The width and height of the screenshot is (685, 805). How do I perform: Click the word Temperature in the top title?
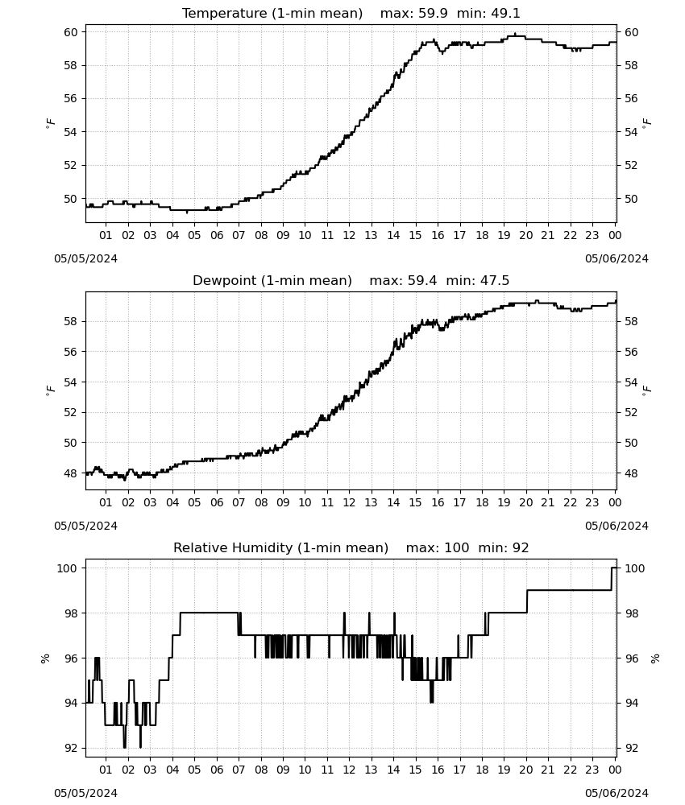point(224,14)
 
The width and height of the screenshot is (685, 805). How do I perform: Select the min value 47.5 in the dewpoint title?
point(495,280)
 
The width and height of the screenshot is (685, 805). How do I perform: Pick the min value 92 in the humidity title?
point(521,547)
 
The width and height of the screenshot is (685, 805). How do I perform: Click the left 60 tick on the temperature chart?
point(70,32)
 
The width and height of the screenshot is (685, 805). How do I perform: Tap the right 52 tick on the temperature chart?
point(631,165)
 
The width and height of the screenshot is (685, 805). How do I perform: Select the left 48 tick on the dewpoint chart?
point(70,473)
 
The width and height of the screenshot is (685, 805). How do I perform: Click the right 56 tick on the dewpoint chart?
point(631,352)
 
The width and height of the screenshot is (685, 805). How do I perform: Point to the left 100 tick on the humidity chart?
point(68,568)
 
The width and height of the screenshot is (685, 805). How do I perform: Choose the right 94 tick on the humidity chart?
point(631,703)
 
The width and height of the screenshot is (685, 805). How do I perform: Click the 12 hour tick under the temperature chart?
point(349,235)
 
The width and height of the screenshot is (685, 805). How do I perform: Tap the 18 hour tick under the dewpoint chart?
point(482,502)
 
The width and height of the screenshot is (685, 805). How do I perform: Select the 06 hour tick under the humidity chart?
point(217,770)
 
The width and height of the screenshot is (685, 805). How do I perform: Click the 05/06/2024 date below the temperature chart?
point(616,258)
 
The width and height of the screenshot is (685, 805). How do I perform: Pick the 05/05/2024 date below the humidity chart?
point(85,793)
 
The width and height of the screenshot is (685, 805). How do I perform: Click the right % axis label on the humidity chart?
point(655,658)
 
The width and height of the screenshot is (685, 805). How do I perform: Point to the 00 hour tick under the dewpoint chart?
point(615,502)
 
